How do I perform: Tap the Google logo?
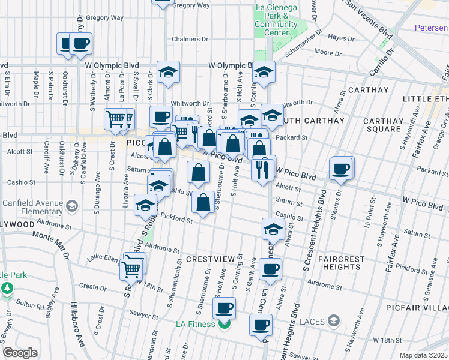point(20,353)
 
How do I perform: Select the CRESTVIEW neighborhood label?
point(208,259)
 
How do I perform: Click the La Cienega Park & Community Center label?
point(276,20)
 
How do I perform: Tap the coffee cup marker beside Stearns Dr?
point(340,168)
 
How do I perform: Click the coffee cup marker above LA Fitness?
point(224,309)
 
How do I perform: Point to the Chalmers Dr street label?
point(190,39)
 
